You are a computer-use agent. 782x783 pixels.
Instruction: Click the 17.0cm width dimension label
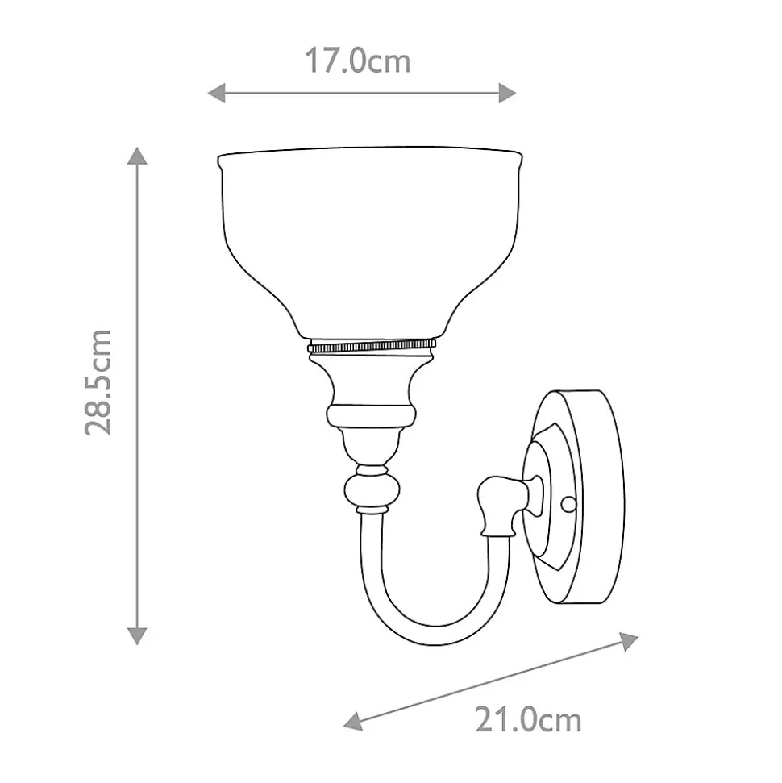tap(357, 61)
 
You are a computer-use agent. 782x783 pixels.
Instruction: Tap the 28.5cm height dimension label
tap(98, 382)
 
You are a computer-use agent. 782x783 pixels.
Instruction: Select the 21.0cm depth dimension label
tap(528, 720)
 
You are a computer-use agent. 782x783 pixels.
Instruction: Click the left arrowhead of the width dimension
tap(216, 93)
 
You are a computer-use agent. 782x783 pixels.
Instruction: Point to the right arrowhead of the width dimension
tap(507, 93)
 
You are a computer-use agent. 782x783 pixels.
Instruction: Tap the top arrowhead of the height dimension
tap(137, 156)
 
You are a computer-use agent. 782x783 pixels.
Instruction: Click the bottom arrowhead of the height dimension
tap(137, 636)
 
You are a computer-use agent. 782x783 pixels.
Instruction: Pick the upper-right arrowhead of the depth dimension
tap(629, 641)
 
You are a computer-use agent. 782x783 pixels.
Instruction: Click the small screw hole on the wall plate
tap(568, 504)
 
